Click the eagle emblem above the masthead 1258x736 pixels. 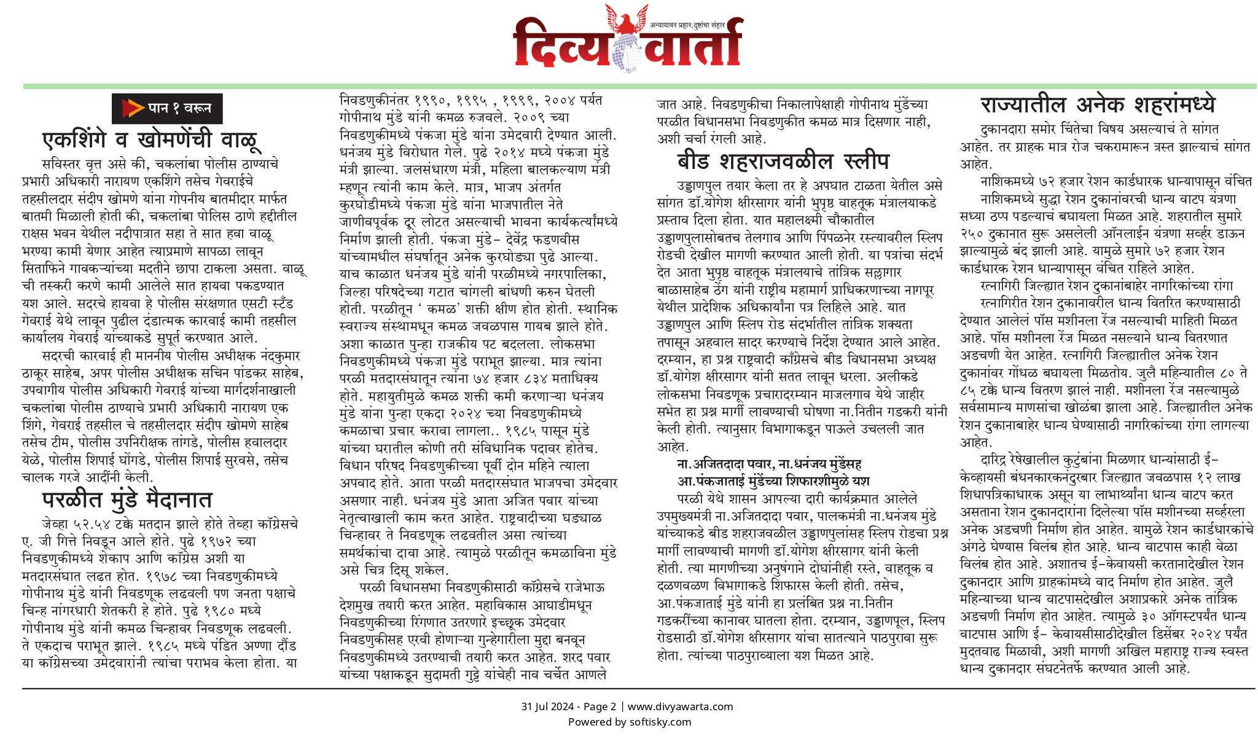click(x=627, y=18)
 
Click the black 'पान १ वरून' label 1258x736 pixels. click(x=167, y=109)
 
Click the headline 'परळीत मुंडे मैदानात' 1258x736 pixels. click(x=127, y=499)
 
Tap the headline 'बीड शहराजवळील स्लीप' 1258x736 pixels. click(x=783, y=161)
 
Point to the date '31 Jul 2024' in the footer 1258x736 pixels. click(x=547, y=707)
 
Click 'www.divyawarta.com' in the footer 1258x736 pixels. click(x=680, y=707)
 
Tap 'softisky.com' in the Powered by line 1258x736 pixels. click(x=660, y=722)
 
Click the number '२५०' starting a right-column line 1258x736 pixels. click(x=971, y=233)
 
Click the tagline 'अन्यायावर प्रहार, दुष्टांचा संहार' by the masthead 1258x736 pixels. click(x=687, y=25)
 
